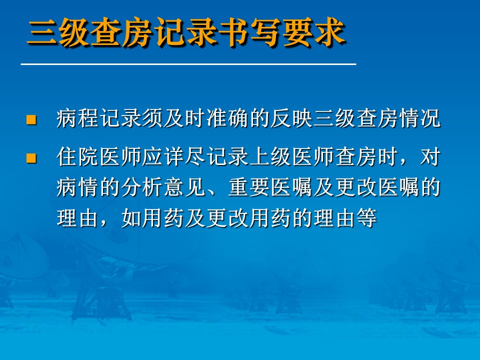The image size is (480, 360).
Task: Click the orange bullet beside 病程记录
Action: pyautogui.click(x=31, y=119)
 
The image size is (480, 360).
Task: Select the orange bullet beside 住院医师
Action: pyautogui.click(x=31, y=158)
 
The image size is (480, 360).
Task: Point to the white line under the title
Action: pyautogui.click(x=188, y=64)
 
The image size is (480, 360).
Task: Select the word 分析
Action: pyautogui.click(x=142, y=187)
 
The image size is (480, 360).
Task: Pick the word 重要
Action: pyautogui.click(x=249, y=187)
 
